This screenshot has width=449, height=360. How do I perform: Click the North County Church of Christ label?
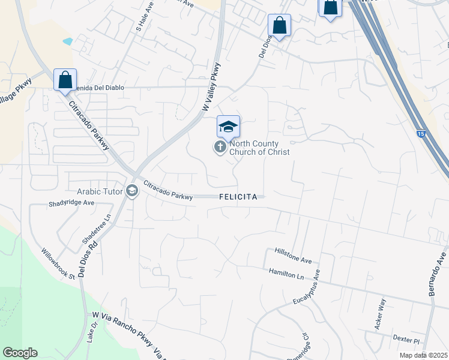pos(259,148)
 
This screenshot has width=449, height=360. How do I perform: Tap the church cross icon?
pos(220,147)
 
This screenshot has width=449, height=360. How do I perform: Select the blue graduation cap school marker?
pos(228,127)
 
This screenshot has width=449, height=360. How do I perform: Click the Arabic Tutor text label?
pos(100,192)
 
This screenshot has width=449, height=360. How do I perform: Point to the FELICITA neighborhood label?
pos(238,197)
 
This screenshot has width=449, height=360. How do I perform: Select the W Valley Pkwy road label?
pos(211,87)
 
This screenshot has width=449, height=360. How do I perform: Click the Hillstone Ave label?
pos(294,256)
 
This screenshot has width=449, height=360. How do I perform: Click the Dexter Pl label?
pos(405,338)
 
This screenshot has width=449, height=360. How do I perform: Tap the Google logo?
pos(20,353)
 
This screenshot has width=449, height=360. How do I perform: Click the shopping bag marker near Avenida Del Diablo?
pos(65,80)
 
